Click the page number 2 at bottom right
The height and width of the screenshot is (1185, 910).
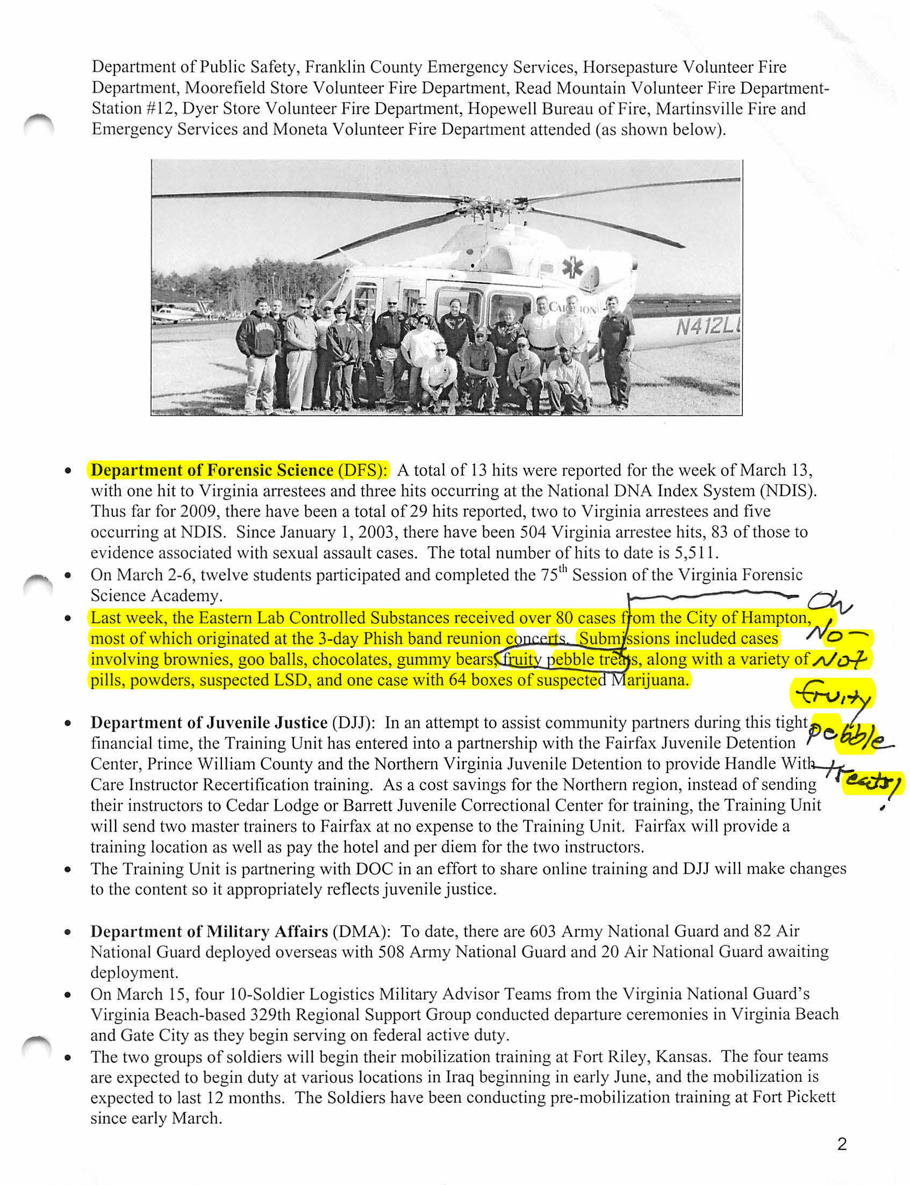(841, 1144)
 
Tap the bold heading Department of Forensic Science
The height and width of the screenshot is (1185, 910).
(212, 470)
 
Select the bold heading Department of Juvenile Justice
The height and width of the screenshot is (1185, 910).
(209, 722)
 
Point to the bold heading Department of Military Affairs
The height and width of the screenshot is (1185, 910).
(209, 931)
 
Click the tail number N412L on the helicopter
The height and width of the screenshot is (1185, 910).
(707, 328)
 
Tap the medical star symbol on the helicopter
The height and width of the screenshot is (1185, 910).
(572, 268)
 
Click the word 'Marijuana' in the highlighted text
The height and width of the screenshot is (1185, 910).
(649, 680)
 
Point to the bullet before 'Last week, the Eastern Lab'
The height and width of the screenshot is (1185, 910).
(67, 618)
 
